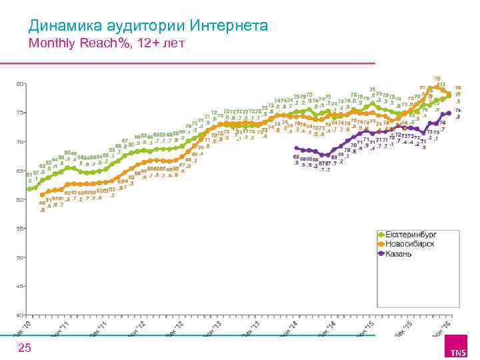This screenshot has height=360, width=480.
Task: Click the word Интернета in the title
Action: point(229,27)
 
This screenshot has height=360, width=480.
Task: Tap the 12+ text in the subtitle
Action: point(144,44)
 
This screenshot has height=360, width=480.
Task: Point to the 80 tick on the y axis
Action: point(20,84)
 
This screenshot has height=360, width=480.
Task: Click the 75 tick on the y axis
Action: point(20,113)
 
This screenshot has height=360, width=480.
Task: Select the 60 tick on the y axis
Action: point(20,199)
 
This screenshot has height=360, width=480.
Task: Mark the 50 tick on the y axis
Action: point(20,257)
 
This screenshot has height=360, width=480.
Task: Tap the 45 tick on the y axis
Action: point(20,286)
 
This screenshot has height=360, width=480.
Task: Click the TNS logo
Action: point(457,350)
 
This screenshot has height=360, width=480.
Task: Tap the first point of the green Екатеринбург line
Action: point(29,189)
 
